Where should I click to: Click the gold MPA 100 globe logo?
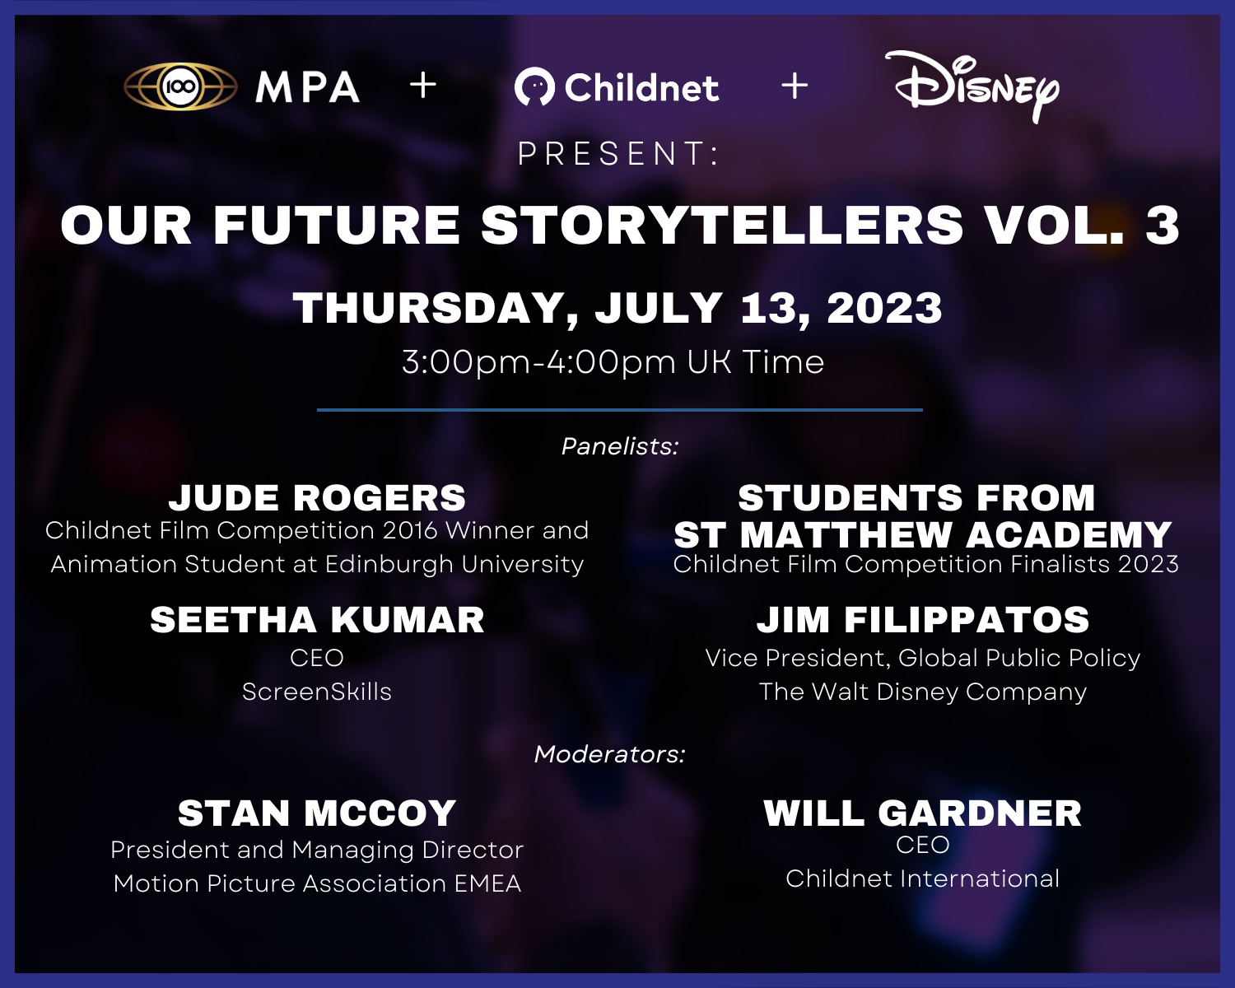click(180, 86)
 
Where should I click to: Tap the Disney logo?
click(976, 86)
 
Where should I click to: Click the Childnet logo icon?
click(534, 87)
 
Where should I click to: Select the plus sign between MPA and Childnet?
click(423, 86)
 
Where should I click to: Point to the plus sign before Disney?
click(795, 86)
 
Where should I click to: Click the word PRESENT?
click(617, 154)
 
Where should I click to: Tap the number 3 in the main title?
click(1162, 226)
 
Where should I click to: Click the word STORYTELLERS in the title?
click(722, 226)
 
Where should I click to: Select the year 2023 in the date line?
click(884, 309)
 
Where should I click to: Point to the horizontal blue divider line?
click(619, 409)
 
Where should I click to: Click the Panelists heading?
click(619, 446)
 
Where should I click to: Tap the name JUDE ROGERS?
click(317, 498)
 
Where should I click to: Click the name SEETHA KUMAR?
click(317, 620)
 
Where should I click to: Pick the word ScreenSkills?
click(317, 692)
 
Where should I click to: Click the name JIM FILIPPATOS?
click(923, 620)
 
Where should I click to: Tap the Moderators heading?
click(610, 754)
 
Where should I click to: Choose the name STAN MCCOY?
click(317, 813)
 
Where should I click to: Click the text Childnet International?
click(922, 878)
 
